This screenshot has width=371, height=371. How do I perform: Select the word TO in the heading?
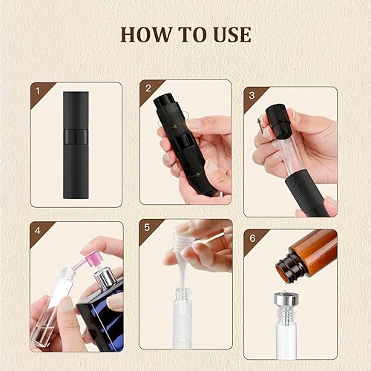188,34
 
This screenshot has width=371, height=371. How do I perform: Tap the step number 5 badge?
146,226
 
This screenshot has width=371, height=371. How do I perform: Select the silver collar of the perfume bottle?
105,280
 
